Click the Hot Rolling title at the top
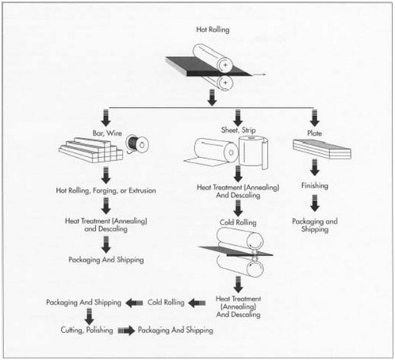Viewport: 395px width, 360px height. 213,29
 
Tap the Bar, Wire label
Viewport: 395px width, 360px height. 107,133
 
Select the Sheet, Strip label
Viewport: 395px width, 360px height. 238,130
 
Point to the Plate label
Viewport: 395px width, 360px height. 314,133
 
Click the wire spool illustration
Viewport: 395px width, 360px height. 137,144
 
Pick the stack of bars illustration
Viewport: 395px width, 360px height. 91,150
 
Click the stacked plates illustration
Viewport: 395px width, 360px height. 322,148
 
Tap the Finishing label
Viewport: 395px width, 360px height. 315,186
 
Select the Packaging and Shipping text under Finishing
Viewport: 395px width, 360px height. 315,225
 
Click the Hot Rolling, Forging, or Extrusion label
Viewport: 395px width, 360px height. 105,190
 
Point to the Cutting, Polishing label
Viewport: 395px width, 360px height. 86,330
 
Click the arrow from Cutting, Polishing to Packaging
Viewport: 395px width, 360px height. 126,331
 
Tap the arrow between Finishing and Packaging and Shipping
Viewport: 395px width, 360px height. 314,203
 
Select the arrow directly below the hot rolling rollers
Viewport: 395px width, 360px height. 212,98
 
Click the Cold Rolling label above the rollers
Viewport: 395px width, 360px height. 238,223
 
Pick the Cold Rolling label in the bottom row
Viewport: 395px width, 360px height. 166,302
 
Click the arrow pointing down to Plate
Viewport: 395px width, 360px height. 314,118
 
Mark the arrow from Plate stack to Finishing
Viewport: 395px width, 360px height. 314,167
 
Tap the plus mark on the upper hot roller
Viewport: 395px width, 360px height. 225,65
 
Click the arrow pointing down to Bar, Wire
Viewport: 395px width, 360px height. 106,118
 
